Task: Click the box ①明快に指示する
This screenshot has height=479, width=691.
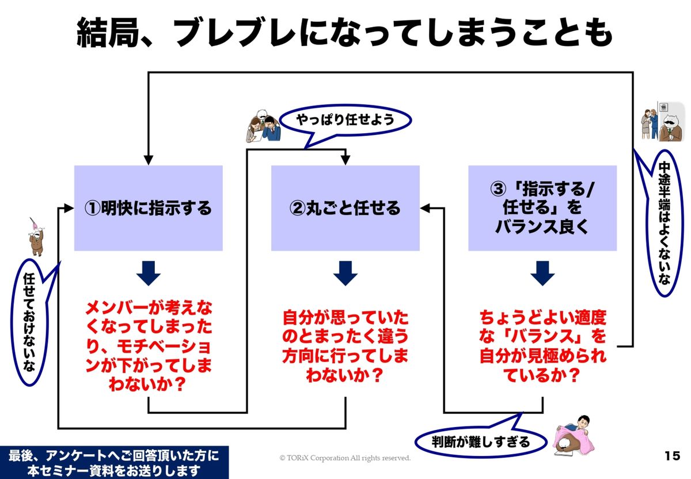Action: pos(149,208)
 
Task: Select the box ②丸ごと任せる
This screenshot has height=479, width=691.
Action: pos(345,208)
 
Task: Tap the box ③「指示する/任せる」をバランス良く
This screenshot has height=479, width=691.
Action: pos(542,208)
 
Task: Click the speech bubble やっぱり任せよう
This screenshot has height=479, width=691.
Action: pos(345,120)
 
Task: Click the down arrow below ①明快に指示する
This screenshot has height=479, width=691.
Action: pos(149,273)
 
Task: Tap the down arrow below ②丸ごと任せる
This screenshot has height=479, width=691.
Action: pos(345,273)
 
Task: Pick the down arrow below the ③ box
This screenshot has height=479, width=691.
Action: pos(542,273)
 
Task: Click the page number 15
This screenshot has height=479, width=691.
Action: pos(671,456)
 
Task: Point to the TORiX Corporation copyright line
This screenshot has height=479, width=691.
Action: pos(345,458)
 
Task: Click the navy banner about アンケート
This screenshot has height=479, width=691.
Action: pos(114,462)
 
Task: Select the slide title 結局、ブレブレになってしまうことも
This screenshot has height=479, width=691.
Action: pos(345,33)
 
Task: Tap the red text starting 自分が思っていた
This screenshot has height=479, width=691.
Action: pos(345,346)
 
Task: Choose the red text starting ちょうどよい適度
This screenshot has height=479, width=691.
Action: pos(542,346)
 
